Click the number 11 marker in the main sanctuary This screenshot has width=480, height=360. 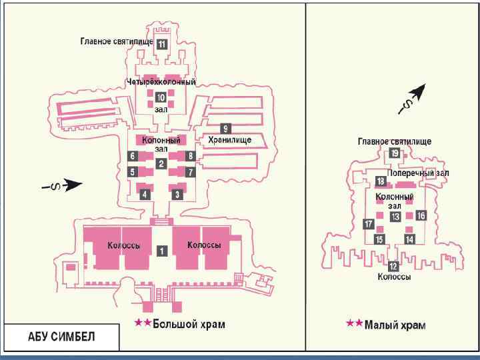coord(162,44)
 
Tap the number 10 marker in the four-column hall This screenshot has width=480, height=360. coord(161,97)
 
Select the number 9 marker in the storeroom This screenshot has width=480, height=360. coord(226,128)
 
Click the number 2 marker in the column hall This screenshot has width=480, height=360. coord(161,163)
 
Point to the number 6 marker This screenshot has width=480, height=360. coord(133,155)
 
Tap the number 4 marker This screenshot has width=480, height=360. coord(145,194)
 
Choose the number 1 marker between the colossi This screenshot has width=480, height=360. coord(161,251)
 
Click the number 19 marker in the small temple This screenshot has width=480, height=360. coord(395,153)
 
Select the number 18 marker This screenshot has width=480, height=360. coord(380,181)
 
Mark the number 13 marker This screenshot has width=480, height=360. coord(395,217)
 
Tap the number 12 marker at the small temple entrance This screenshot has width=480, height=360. coord(393,266)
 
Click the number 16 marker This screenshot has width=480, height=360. coord(421,215)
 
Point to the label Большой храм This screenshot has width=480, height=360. coord(189,325)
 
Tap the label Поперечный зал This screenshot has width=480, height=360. coord(418,173)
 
